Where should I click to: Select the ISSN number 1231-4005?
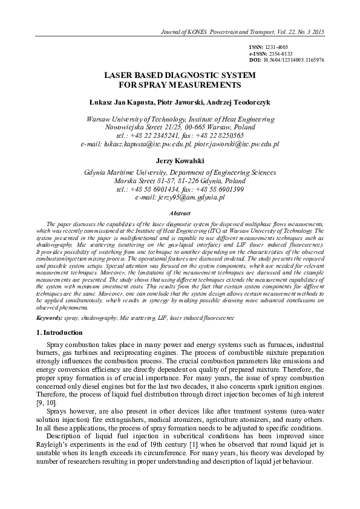(278, 47)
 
